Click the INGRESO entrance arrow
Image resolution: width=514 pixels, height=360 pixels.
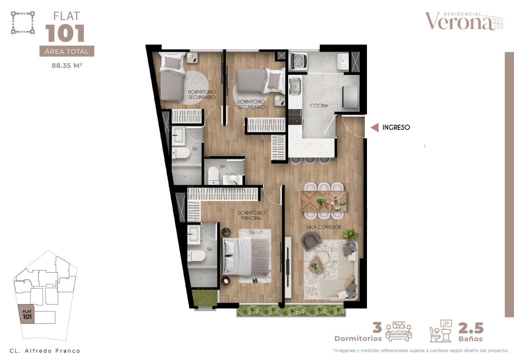(374, 127)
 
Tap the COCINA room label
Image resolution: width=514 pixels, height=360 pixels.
(319, 105)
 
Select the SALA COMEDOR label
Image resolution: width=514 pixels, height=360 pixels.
(324, 227)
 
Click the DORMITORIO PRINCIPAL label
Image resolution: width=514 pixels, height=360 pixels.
(251, 215)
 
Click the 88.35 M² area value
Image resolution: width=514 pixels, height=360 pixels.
(67, 65)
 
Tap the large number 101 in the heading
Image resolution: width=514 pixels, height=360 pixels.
(65, 34)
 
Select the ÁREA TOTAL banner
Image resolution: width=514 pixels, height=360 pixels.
(67, 51)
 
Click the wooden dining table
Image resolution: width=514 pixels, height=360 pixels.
(324, 201)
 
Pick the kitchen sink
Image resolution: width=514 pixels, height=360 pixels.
(295, 86)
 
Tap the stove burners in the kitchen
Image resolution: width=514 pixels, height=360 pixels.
(295, 117)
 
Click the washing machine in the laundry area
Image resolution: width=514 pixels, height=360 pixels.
(298, 61)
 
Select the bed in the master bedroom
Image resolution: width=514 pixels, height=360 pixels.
(246, 257)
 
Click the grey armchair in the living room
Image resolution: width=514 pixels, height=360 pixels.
(310, 241)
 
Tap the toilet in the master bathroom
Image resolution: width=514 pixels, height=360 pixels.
(196, 256)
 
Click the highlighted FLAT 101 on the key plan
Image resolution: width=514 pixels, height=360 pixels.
(27, 314)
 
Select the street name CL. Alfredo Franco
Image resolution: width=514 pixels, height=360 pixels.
(45, 351)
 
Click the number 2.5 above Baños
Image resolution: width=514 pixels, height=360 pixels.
(471, 328)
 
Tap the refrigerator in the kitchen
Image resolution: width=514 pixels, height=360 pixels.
(350, 97)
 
